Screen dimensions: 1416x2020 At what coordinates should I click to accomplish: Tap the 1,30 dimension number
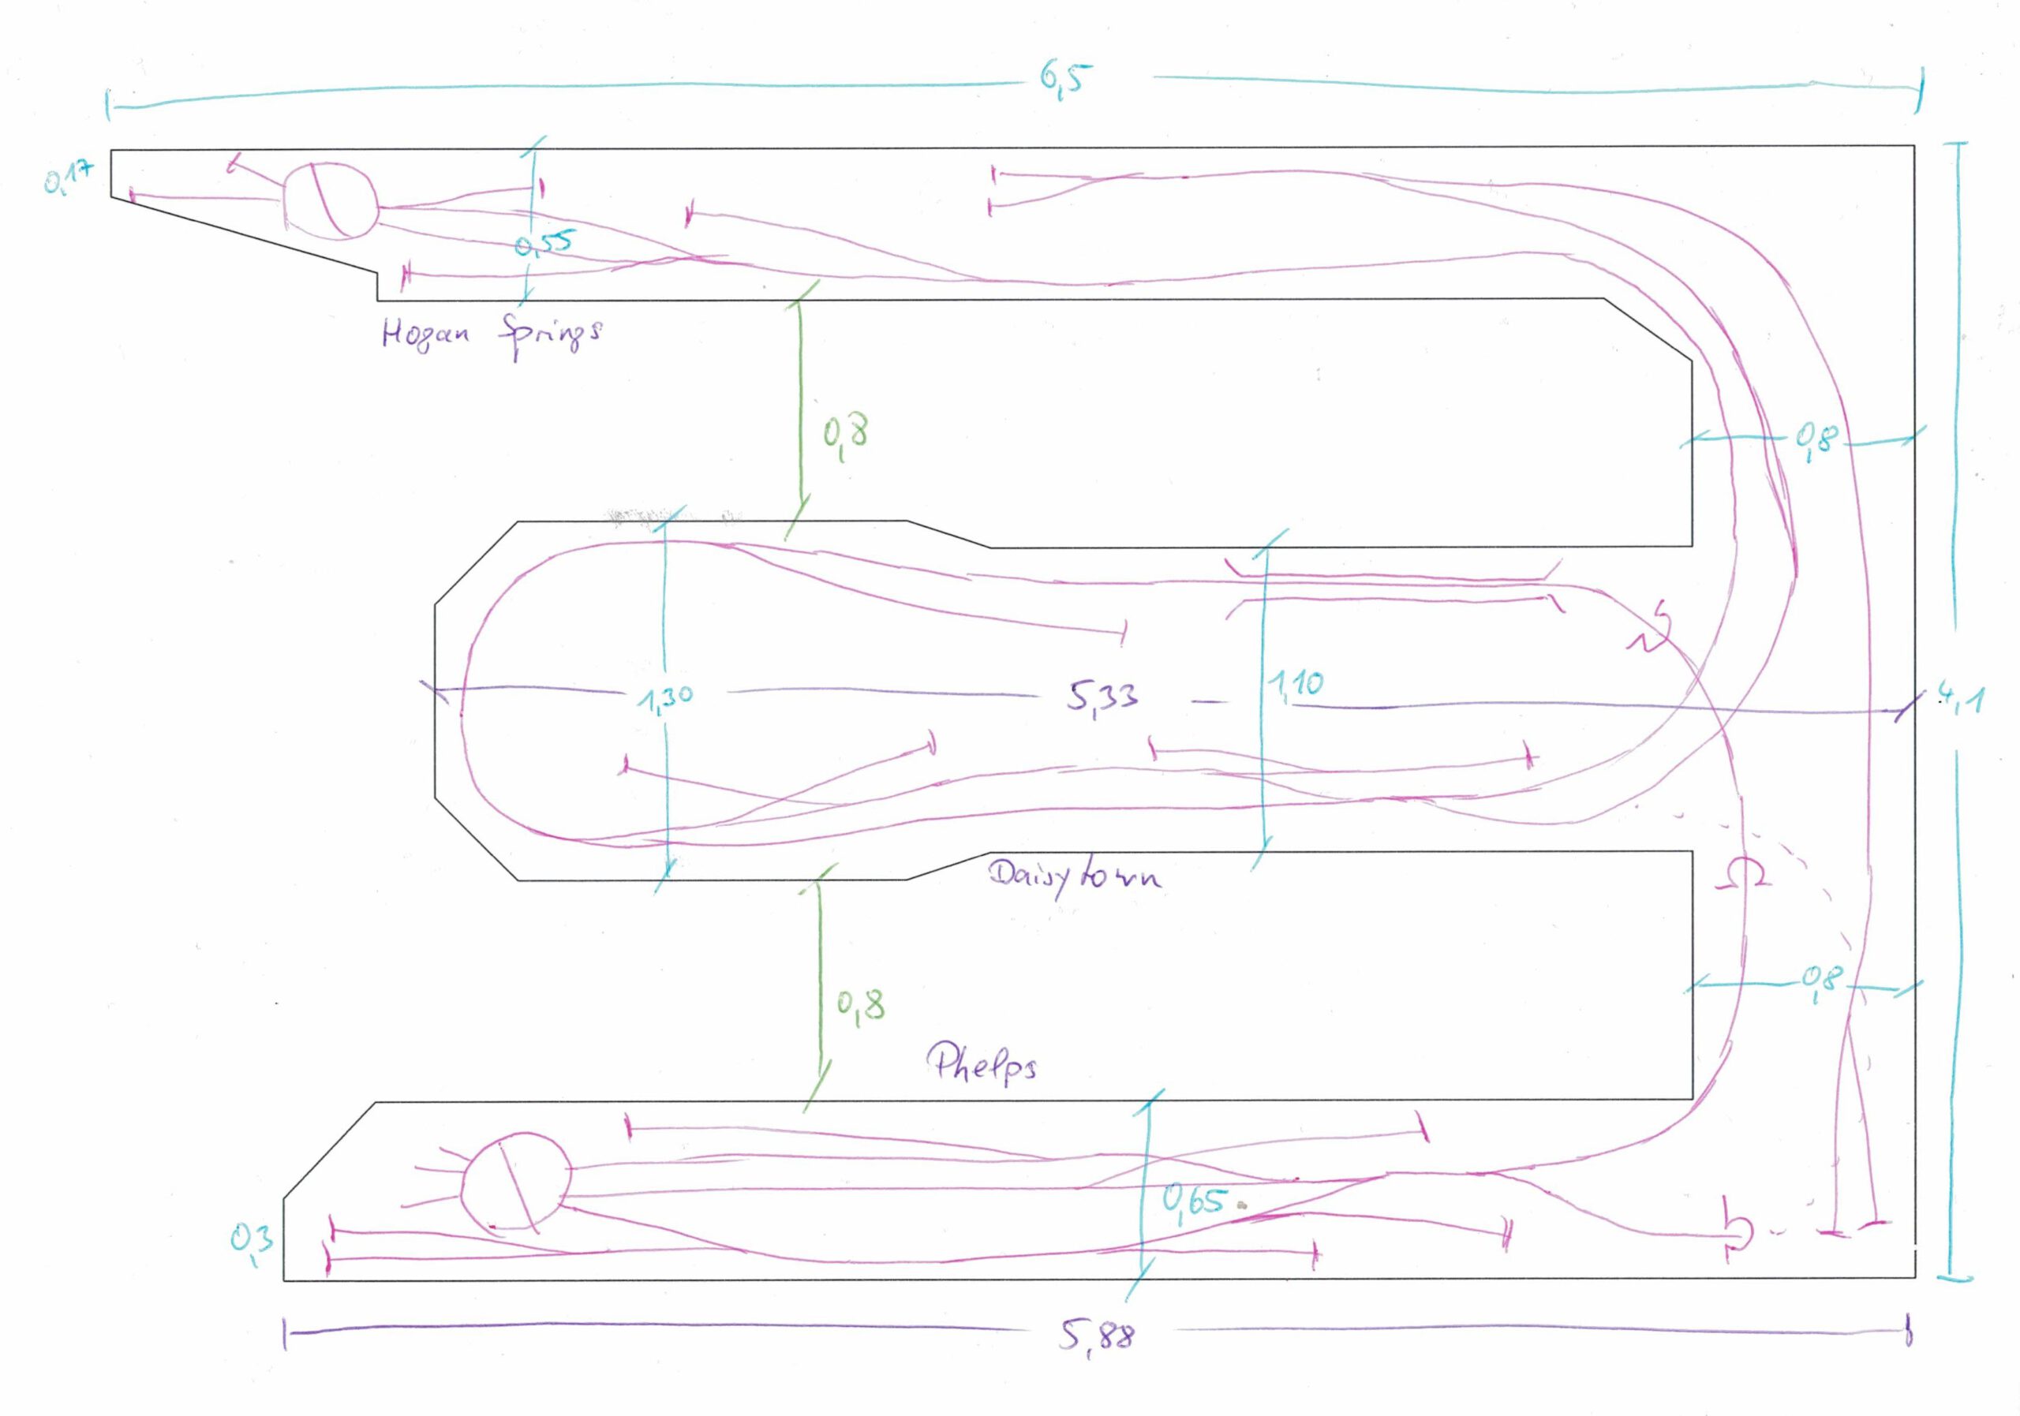point(665,697)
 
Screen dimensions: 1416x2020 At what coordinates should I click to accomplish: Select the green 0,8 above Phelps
point(860,1004)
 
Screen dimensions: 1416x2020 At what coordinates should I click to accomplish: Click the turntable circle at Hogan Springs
point(330,200)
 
